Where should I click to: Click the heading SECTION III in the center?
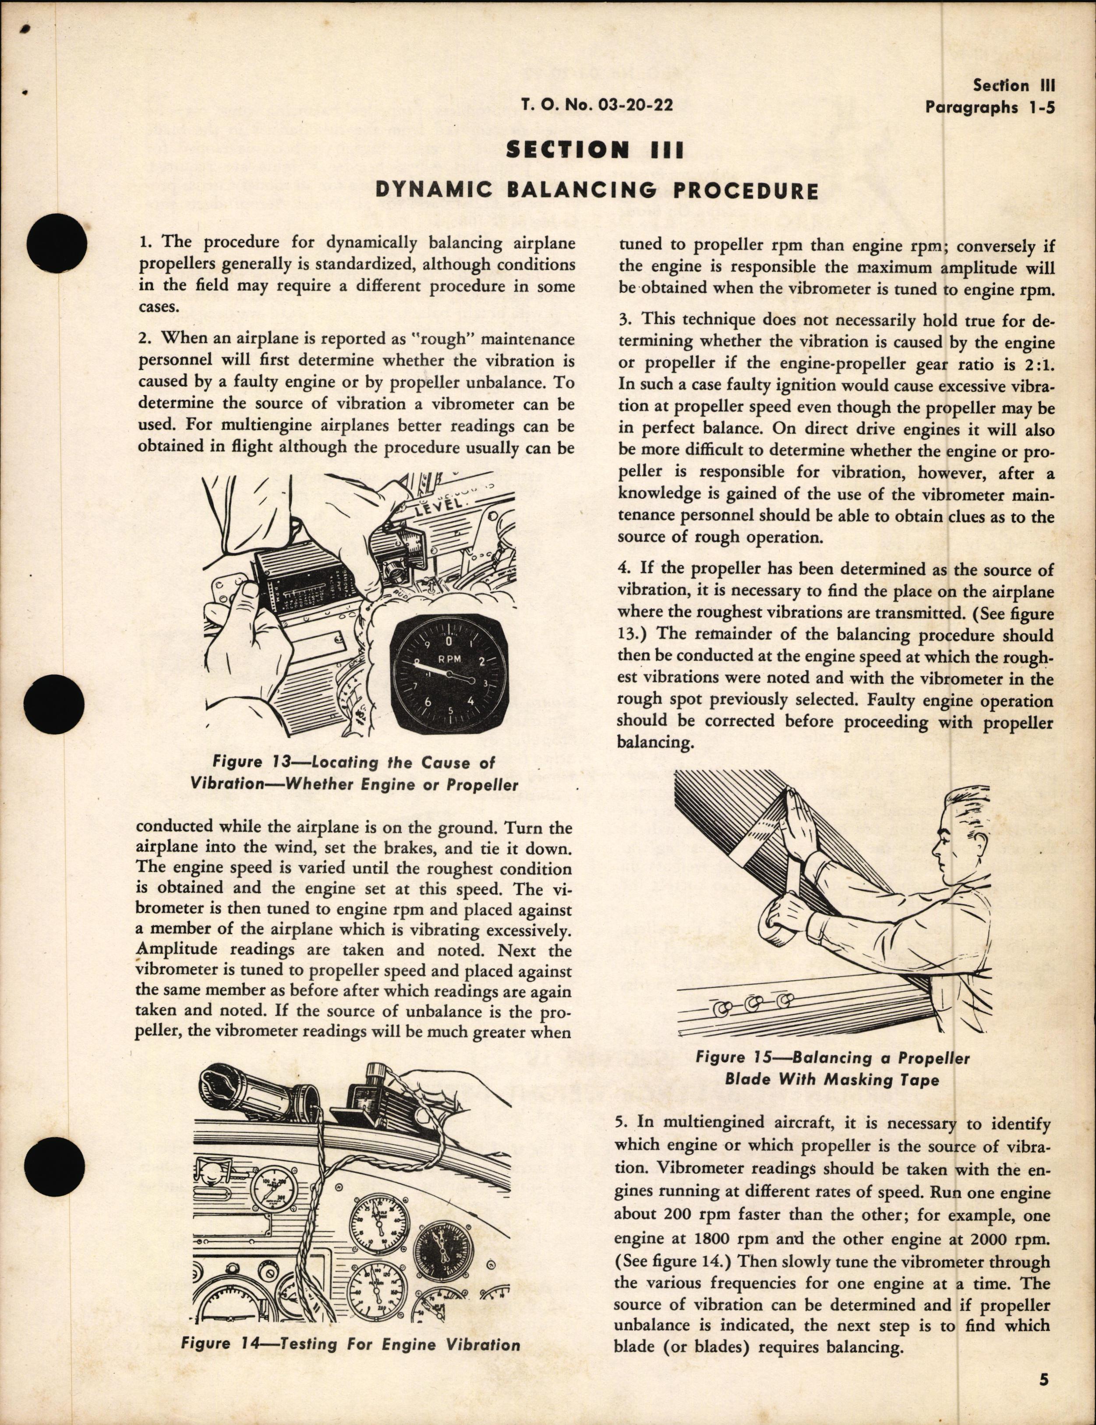tap(595, 150)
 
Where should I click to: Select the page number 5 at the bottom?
tap(1044, 1378)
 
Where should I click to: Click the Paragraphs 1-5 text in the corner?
tap(990, 108)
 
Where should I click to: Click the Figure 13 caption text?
tap(354, 773)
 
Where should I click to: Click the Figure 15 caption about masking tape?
tap(832, 1069)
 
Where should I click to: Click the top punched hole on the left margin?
tap(57, 243)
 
